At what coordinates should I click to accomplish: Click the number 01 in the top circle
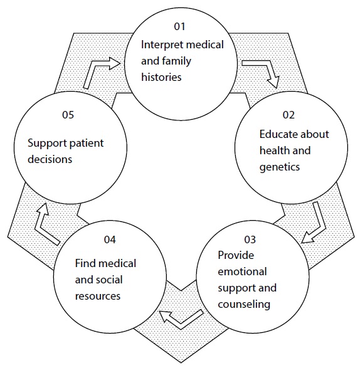tap(179, 26)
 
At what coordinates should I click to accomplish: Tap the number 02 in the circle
tap(289, 115)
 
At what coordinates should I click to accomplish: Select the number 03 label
tap(250, 239)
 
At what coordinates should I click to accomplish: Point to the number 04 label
tap(110, 239)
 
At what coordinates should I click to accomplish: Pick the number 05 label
tap(68, 115)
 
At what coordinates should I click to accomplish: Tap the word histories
tap(161, 77)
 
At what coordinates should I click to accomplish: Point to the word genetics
tap(280, 167)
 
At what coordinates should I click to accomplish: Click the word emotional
tap(242, 272)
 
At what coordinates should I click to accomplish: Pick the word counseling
tap(244, 305)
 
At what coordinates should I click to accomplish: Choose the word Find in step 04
tap(83, 263)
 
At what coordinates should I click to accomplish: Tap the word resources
tap(98, 296)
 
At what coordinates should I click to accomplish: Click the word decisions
tap(50, 159)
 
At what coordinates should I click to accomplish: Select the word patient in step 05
tap(87, 144)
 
